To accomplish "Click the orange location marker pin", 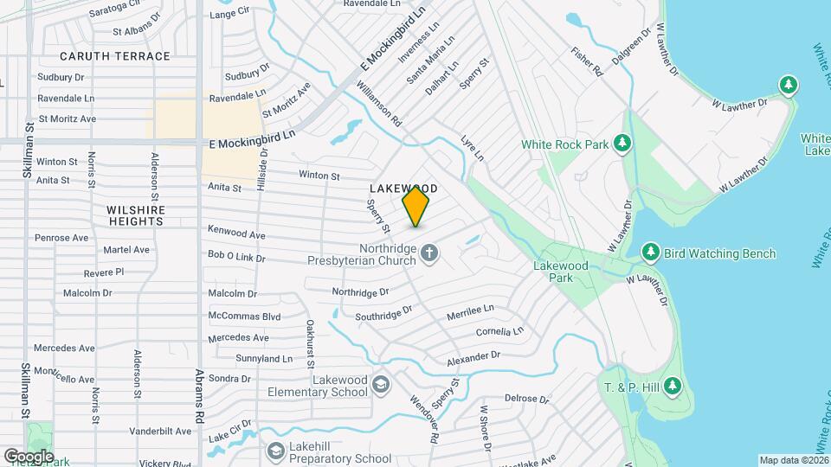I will point(416,206).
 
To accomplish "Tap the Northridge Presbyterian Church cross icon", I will point(429,253).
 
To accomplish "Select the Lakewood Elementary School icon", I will point(381,384).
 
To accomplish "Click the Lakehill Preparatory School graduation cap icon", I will point(275,451).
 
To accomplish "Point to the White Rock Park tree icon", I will point(621,144).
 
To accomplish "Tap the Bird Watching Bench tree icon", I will point(650,253).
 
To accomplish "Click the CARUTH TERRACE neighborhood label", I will point(115,56).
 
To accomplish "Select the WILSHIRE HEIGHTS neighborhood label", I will point(135,215).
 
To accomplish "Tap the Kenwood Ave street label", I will point(236,234).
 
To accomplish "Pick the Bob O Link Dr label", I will point(236,257).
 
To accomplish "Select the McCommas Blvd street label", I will point(245,317).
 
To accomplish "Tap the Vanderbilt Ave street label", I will point(160,431).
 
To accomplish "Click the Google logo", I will point(28,456).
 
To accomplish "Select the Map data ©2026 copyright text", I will point(793,460).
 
